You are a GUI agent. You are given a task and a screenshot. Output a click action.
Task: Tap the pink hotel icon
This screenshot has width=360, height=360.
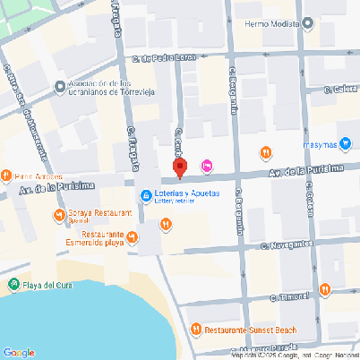click(208, 165)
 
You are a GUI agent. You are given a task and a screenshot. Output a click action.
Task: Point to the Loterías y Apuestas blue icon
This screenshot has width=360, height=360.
click(145, 196)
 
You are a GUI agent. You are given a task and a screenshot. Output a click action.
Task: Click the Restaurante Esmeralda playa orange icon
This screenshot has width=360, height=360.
click(133, 236)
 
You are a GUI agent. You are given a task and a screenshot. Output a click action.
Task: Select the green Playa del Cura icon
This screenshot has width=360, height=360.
click(13, 285)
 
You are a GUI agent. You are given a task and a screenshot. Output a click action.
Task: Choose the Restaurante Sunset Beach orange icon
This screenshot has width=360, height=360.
click(197, 330)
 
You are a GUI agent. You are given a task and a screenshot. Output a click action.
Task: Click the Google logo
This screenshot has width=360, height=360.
click(18, 352)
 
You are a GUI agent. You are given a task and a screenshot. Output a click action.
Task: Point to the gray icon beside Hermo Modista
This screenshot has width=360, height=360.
click(308, 23)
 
